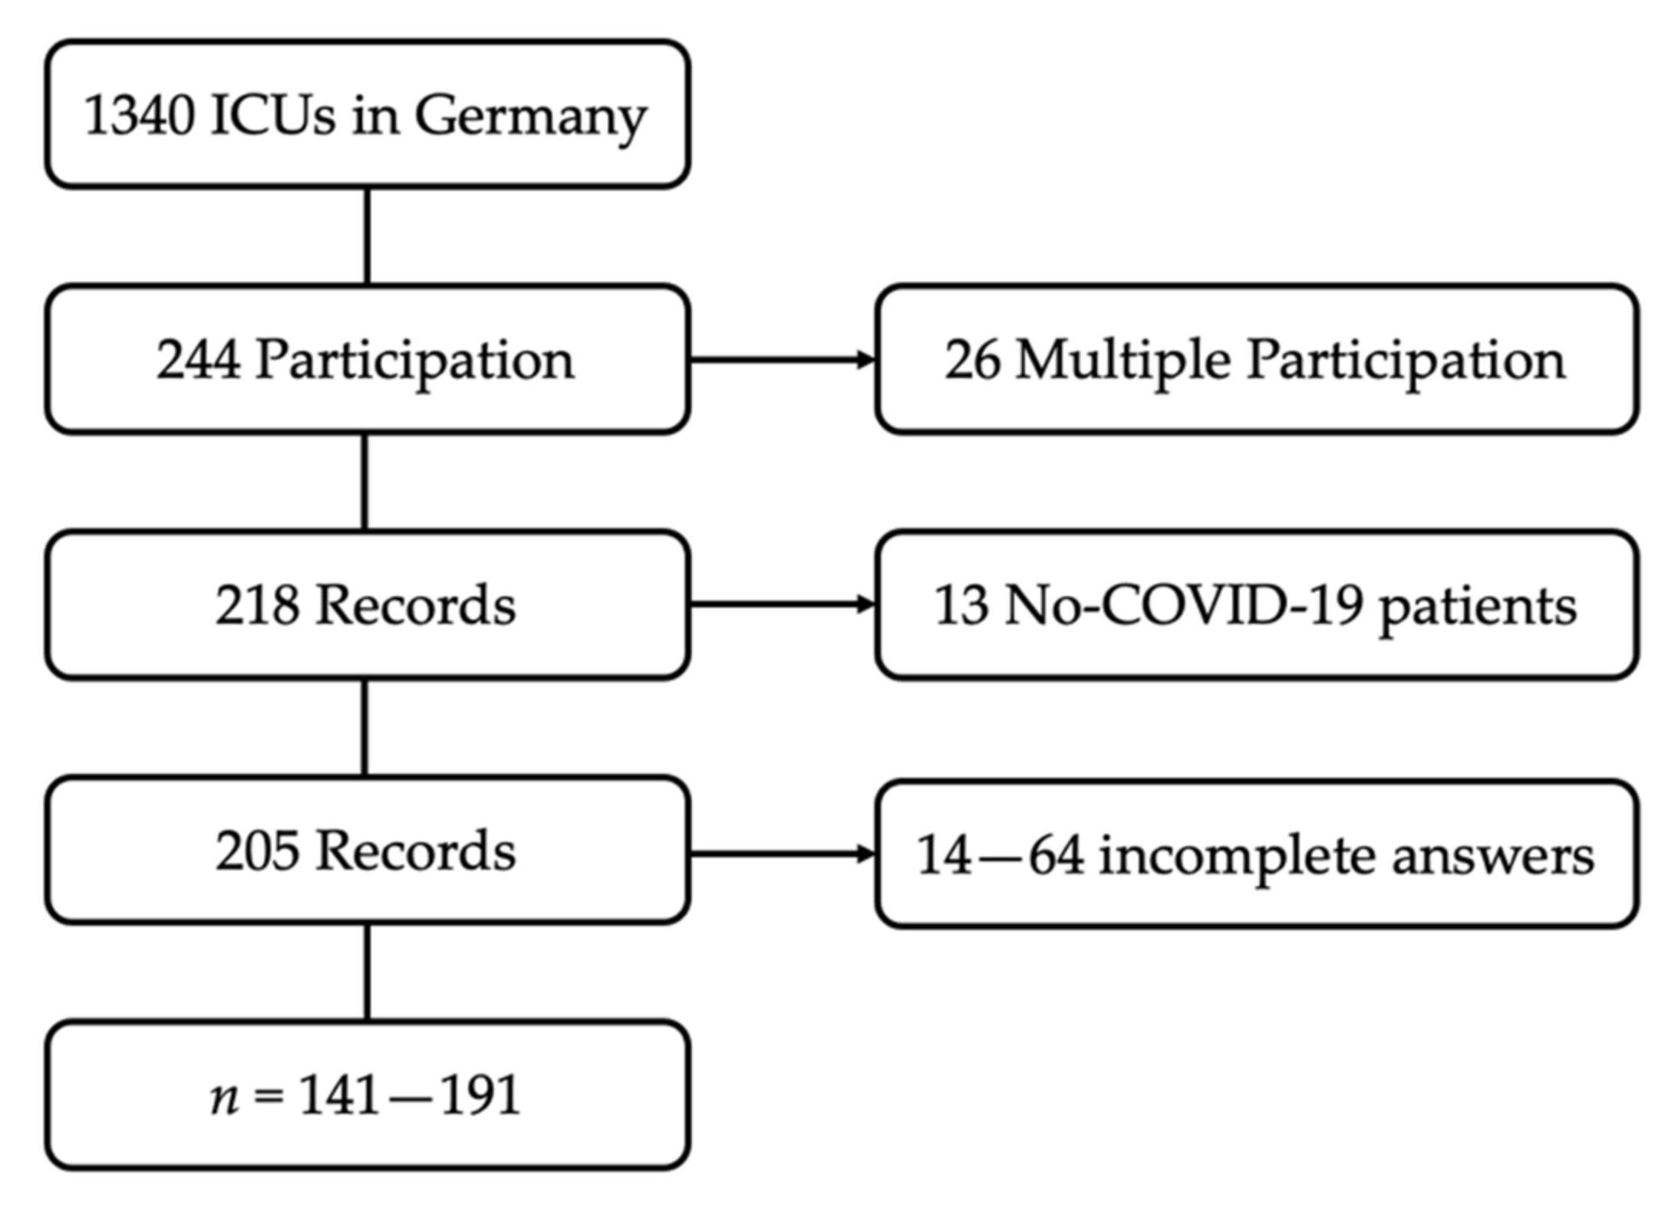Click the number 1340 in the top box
point(138,116)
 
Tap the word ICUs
point(272,116)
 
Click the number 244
point(198,360)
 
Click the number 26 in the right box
point(972,360)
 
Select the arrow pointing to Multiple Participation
point(783,359)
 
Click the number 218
point(257,605)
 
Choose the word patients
point(1478,608)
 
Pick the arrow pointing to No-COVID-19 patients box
point(783,604)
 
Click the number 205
point(257,851)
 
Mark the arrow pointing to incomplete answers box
point(783,853)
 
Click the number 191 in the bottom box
point(480,1094)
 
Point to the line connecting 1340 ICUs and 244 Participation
point(367,235)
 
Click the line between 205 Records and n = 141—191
point(367,972)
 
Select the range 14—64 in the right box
point(1001,855)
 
